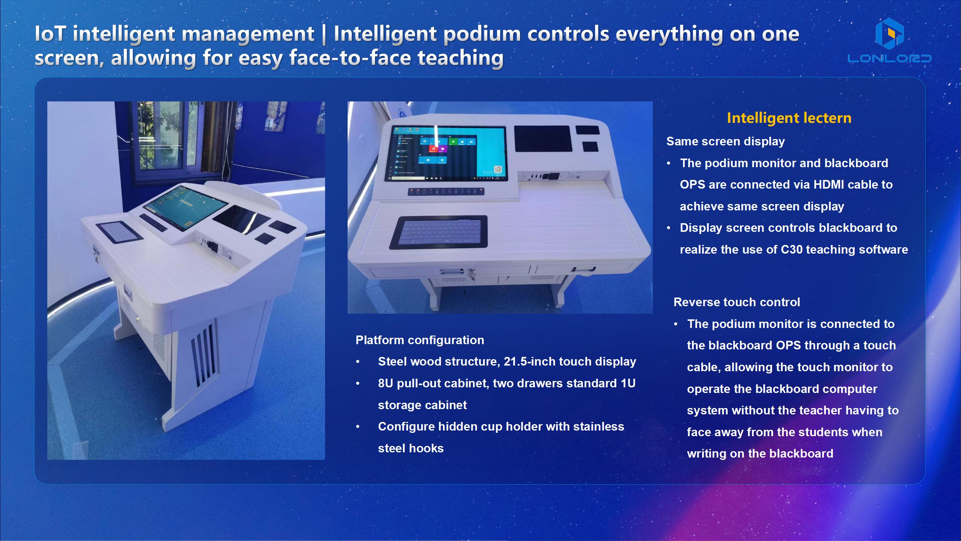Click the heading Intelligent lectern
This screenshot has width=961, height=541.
point(789,118)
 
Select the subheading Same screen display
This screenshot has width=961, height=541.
point(725,141)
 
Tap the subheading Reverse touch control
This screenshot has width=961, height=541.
point(737,302)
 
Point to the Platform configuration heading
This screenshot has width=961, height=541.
point(420,340)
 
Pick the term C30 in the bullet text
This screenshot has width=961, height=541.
point(792,249)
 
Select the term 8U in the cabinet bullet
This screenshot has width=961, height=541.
point(386,383)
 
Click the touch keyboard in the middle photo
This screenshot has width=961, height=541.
point(438,233)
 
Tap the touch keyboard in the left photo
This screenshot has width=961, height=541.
point(119,231)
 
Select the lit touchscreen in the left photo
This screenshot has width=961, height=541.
point(186,207)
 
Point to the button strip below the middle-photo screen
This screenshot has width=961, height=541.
point(446,192)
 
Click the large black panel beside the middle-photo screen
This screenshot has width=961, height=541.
point(543,139)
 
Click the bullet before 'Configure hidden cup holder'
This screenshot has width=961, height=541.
point(358,427)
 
